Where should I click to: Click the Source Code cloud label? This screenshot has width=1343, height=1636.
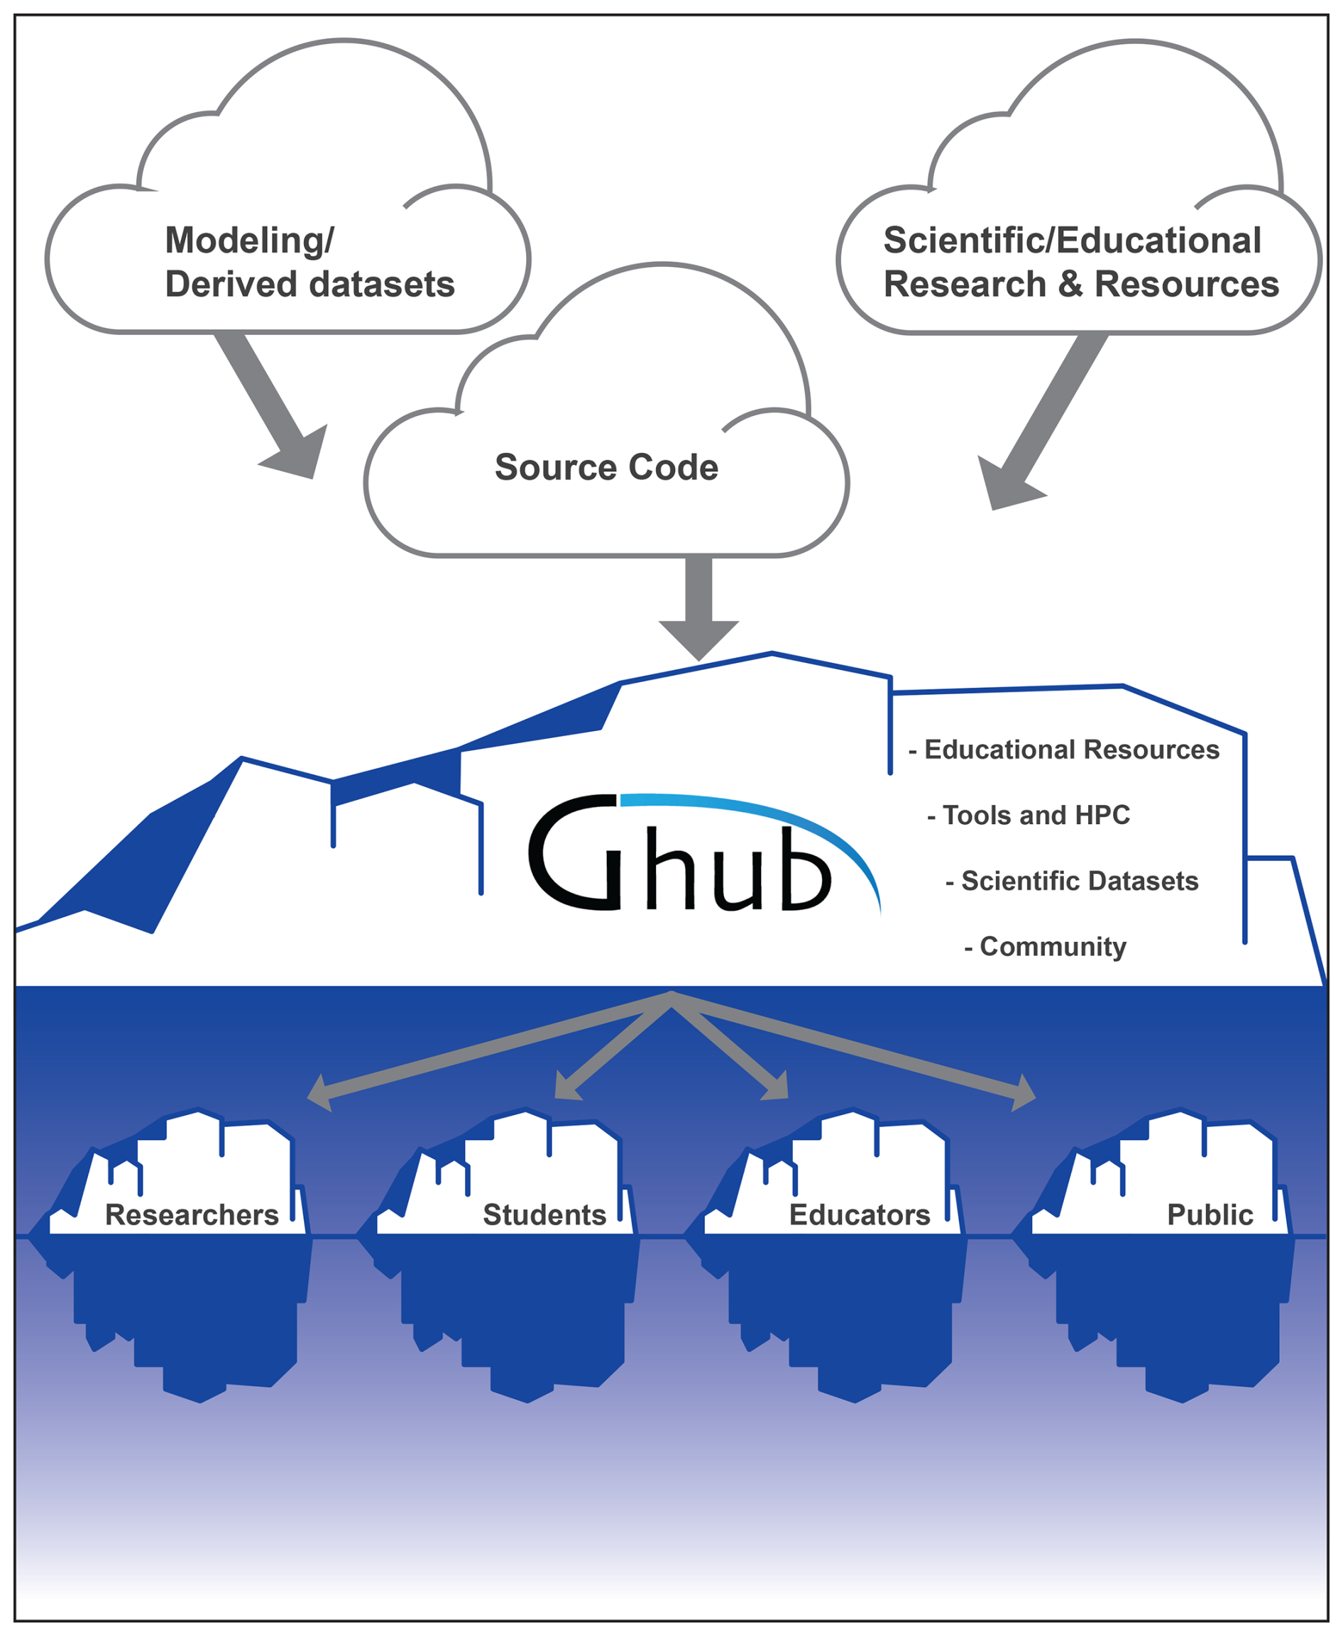point(606,467)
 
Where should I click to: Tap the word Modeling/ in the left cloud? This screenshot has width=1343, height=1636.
point(249,241)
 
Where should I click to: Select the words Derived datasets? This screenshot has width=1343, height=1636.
point(309,285)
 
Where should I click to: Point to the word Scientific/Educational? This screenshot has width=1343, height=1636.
point(1073,241)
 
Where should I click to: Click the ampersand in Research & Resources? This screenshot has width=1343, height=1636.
point(1070,285)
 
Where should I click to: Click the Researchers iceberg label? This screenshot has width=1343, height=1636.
point(192,1215)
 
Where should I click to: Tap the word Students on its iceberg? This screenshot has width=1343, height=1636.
point(544,1215)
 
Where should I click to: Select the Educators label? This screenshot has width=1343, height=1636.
point(860,1215)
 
